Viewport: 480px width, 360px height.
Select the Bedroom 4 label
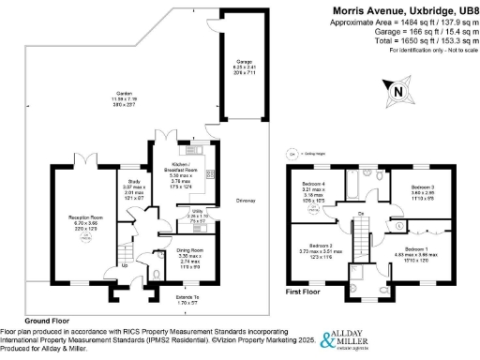pyautogui.click(x=313, y=182)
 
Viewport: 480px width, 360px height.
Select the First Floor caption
pyautogui.click(x=303, y=292)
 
